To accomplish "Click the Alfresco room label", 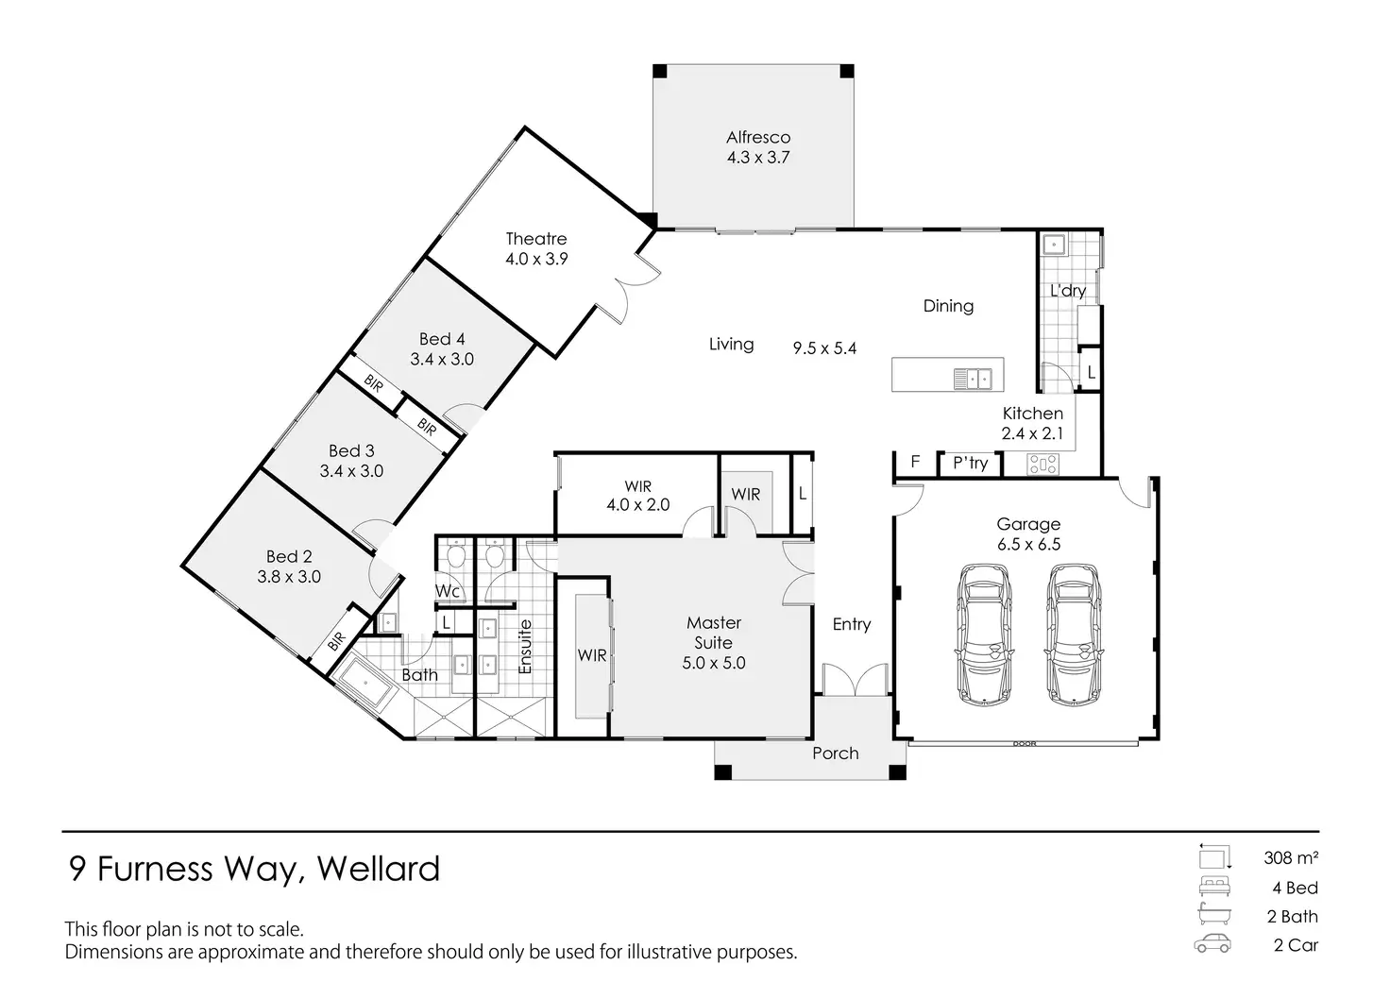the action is point(758,137).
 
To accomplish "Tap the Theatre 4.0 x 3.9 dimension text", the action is point(536,259).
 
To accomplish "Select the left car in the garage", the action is point(984,634).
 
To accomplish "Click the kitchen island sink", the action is point(972,379).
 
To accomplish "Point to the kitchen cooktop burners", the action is point(1042,464).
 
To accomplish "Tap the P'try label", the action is point(970,463).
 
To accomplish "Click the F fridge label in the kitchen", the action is point(915,463).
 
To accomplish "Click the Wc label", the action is point(448,592).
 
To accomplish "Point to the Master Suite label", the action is point(714,633).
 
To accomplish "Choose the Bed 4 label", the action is point(442,339).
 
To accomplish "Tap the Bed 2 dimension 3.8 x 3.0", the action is point(289,577).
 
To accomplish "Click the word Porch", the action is point(836,753).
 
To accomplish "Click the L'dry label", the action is point(1068,291).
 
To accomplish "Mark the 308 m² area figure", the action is point(1291,858).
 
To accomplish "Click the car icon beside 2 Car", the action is point(1212,944).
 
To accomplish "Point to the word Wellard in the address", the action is point(379,869).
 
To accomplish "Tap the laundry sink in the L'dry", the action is point(1053,245).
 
